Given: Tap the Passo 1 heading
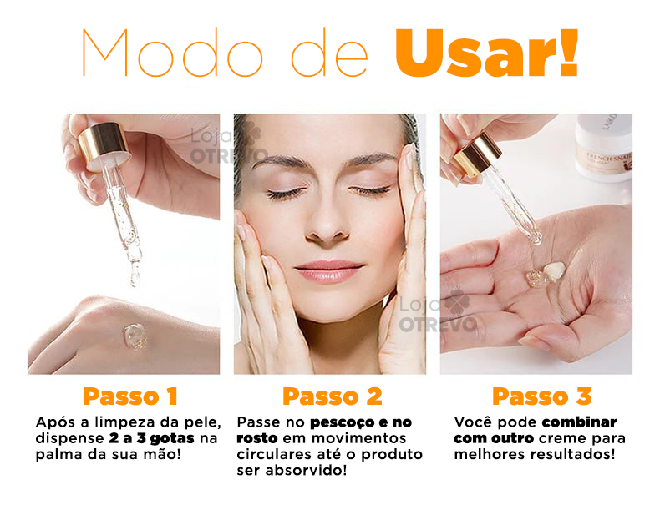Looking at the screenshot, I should pyautogui.click(x=129, y=396).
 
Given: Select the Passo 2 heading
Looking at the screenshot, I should pyautogui.click(x=332, y=396).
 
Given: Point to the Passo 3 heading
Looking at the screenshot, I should pyautogui.click(x=541, y=396).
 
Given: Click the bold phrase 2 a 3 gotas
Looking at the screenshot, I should pyautogui.click(x=151, y=438).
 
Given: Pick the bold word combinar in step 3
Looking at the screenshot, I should pyautogui.click(x=579, y=422).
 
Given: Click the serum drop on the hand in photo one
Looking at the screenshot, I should pyautogui.click(x=135, y=336).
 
